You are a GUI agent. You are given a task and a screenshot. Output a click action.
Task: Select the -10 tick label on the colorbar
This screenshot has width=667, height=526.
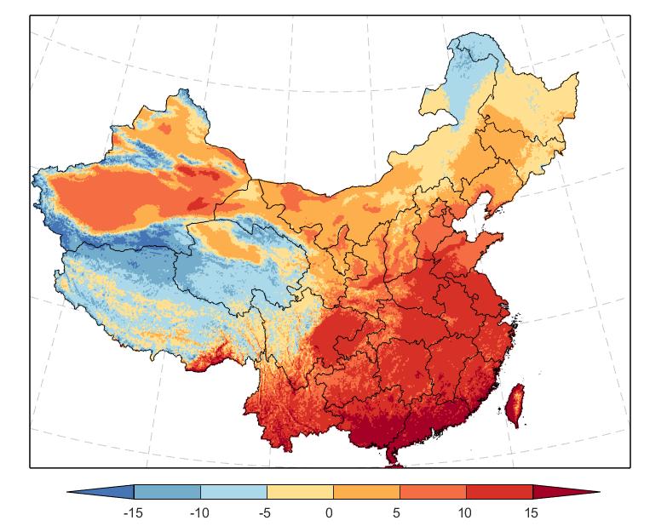click(x=198, y=513)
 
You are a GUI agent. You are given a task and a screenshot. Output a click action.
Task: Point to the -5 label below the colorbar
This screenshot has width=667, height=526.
click(x=265, y=513)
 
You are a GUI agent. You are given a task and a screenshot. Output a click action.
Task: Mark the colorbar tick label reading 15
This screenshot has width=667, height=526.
click(x=532, y=513)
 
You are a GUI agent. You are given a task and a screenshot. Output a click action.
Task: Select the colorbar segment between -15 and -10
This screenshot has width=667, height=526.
click(x=167, y=492)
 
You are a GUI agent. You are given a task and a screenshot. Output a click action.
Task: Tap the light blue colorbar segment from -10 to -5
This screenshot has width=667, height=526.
click(x=233, y=492)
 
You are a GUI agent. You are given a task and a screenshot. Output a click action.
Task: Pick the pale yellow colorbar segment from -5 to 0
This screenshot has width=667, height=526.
click(x=300, y=492)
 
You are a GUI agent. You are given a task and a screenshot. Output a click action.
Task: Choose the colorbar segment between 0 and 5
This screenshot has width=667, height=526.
click(x=366, y=492)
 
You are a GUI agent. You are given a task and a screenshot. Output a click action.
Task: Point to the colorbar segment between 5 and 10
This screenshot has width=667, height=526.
click(x=433, y=492)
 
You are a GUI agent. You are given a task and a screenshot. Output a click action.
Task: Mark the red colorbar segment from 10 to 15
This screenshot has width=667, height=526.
click(x=499, y=492)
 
